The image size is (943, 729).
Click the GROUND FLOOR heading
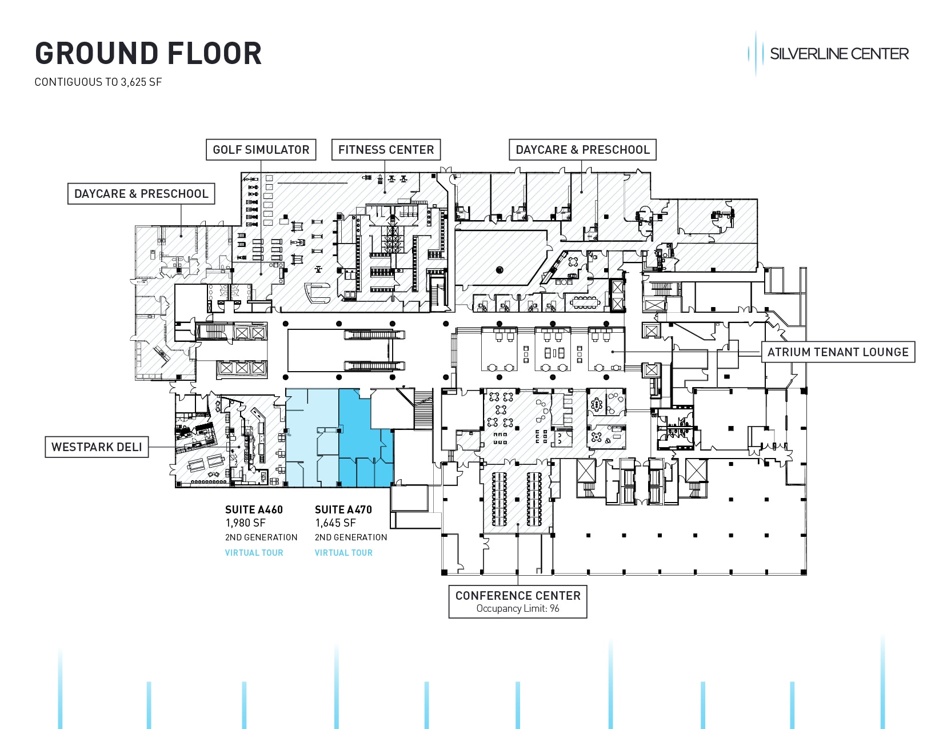click(148, 54)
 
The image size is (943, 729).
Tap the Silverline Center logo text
click(838, 54)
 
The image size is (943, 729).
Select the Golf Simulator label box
click(261, 150)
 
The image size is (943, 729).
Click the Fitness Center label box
click(386, 150)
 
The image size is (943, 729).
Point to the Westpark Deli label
click(97, 447)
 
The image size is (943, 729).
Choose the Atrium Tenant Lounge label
click(837, 352)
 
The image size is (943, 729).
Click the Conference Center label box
click(518, 596)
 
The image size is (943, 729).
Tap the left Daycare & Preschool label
click(141, 194)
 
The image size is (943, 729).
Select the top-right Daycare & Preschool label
click(582, 150)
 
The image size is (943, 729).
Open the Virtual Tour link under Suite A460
click(254, 553)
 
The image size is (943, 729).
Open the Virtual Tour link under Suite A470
click(343, 553)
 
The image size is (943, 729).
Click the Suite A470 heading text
click(343, 509)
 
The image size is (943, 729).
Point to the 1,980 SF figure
click(246, 523)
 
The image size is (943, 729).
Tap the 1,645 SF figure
click(335, 523)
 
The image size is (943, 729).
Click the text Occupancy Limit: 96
click(518, 608)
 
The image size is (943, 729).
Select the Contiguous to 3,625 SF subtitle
click(98, 82)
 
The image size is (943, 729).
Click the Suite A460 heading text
click(254, 509)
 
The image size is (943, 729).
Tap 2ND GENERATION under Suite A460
click(261, 537)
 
